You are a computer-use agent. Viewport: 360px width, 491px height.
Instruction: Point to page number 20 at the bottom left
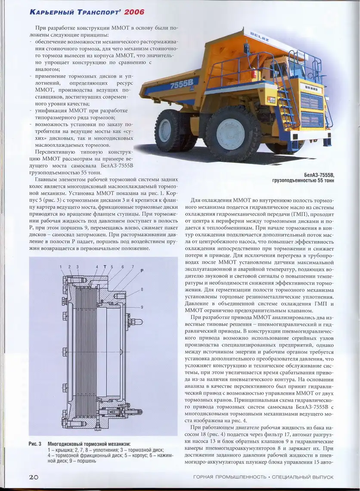coord(34,477)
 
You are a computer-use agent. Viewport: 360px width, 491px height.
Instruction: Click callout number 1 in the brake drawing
coord(62,267)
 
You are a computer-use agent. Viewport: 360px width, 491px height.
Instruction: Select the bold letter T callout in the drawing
coord(105,267)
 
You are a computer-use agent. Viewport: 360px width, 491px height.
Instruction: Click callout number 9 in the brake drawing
coord(142,307)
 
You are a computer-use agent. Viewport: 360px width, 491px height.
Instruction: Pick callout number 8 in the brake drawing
coord(142,290)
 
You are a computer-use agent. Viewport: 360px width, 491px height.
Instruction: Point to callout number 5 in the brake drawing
coord(112,267)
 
